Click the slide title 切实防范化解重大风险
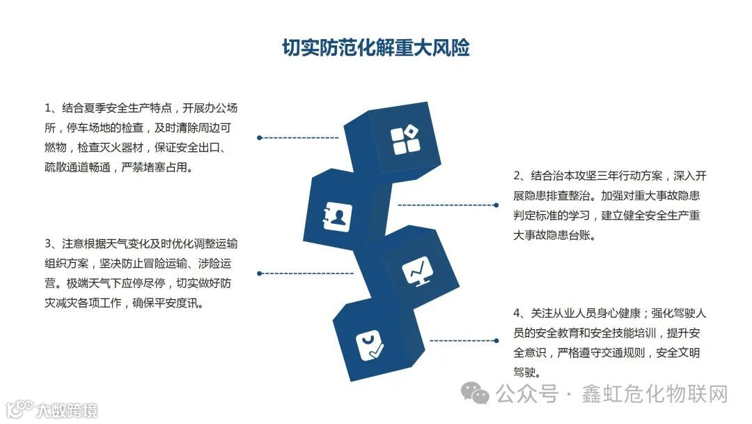pos(375,47)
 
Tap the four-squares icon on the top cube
pos(405,140)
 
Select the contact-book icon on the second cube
pos(338,218)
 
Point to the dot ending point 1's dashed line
pos(259,138)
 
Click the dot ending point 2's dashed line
pos(496,205)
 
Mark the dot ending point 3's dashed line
pos(259,273)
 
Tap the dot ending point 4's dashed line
pos(496,341)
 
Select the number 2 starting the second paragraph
pos(517,176)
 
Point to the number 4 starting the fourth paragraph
pos(517,313)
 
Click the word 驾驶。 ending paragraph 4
pos(527,372)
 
